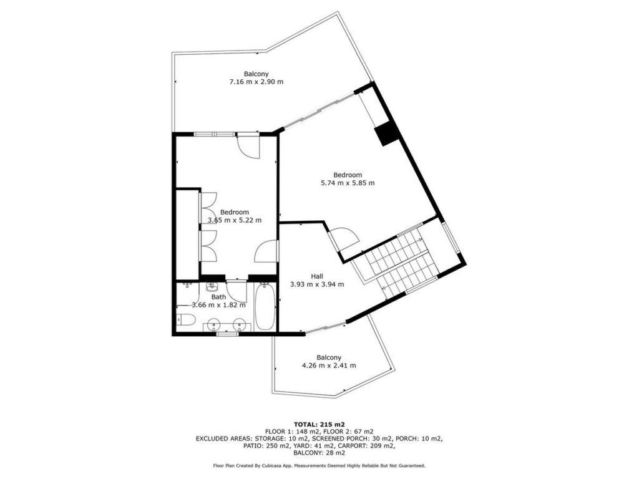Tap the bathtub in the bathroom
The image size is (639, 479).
(x=265, y=307)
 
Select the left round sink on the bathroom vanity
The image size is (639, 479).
(x=213, y=326)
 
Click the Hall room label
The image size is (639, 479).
(x=316, y=276)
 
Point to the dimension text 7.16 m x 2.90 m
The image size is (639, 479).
(x=256, y=82)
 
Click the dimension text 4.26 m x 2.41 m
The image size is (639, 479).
(x=328, y=365)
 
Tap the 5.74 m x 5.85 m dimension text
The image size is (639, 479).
(x=348, y=183)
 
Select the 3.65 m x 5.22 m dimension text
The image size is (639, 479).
(x=235, y=220)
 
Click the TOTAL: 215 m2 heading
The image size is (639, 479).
(x=319, y=424)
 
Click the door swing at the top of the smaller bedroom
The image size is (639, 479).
(x=248, y=146)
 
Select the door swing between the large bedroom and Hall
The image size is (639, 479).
(x=344, y=239)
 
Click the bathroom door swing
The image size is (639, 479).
(x=237, y=292)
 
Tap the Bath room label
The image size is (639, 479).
(x=218, y=297)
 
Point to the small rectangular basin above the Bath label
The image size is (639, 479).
(x=212, y=287)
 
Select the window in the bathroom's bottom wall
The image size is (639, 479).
(x=227, y=334)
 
